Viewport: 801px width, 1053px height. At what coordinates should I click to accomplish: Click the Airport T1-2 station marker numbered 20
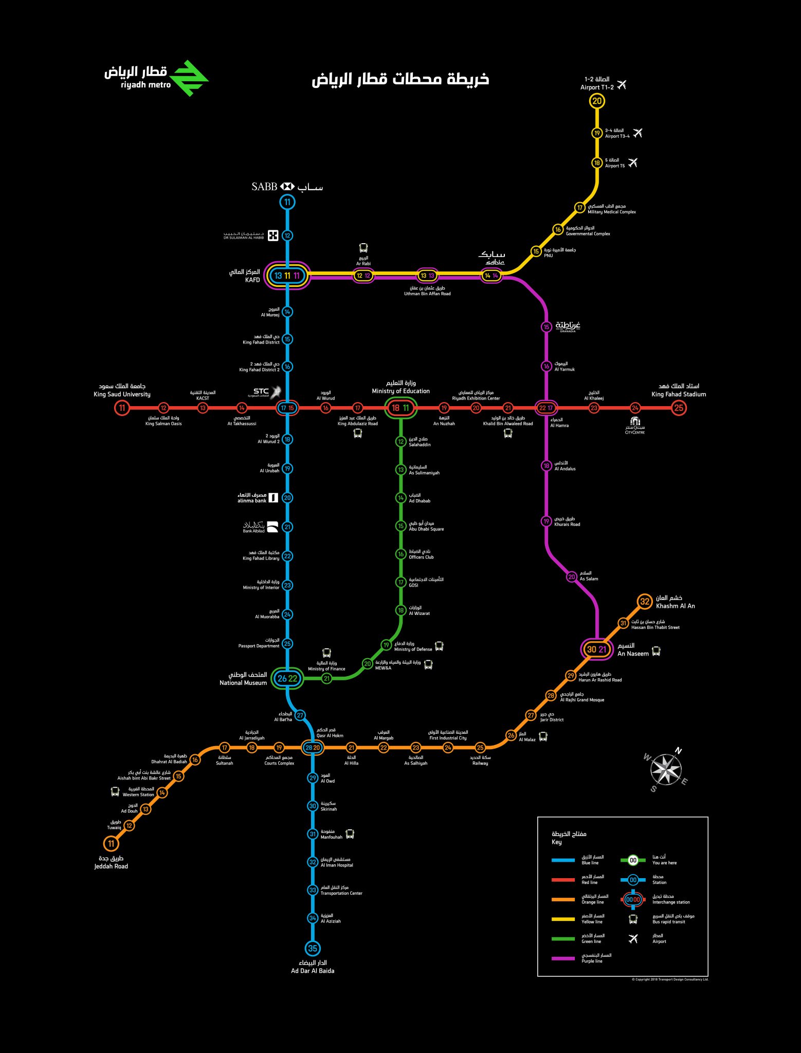pyautogui.click(x=596, y=101)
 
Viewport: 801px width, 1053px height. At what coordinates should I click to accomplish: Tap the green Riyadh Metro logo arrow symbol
pyautogui.click(x=189, y=78)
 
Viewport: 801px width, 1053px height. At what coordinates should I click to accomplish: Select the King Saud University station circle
pyautogui.click(x=122, y=408)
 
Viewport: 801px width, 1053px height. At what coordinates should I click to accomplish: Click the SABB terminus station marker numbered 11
pyautogui.click(x=287, y=202)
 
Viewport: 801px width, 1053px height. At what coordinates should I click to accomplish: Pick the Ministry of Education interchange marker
pyautogui.click(x=400, y=408)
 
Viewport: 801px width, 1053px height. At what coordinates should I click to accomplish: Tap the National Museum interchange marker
pyautogui.click(x=287, y=679)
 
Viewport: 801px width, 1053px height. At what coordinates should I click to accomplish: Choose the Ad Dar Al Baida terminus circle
pyautogui.click(x=313, y=949)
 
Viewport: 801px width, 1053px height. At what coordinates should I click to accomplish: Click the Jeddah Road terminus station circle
pyautogui.click(x=111, y=844)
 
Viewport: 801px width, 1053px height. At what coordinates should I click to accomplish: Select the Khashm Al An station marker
pyautogui.click(x=645, y=602)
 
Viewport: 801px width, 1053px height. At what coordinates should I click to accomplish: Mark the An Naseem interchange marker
pyautogui.click(x=597, y=649)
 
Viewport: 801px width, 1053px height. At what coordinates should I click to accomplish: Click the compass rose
pyautogui.click(x=666, y=770)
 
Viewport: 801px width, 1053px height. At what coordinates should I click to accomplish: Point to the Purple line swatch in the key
pyautogui.click(x=563, y=958)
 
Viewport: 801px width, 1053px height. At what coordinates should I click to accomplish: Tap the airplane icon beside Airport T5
pyautogui.click(x=633, y=162)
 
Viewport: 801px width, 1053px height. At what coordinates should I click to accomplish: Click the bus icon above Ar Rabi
pyautogui.click(x=363, y=248)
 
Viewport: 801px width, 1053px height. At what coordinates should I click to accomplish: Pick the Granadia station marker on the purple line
pyautogui.click(x=546, y=327)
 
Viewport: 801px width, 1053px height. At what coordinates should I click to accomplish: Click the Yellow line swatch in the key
pyautogui.click(x=563, y=919)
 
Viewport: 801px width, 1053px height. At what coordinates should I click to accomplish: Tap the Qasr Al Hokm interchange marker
pyautogui.click(x=313, y=748)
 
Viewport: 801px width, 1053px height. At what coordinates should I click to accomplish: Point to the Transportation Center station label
pyautogui.click(x=341, y=891)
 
